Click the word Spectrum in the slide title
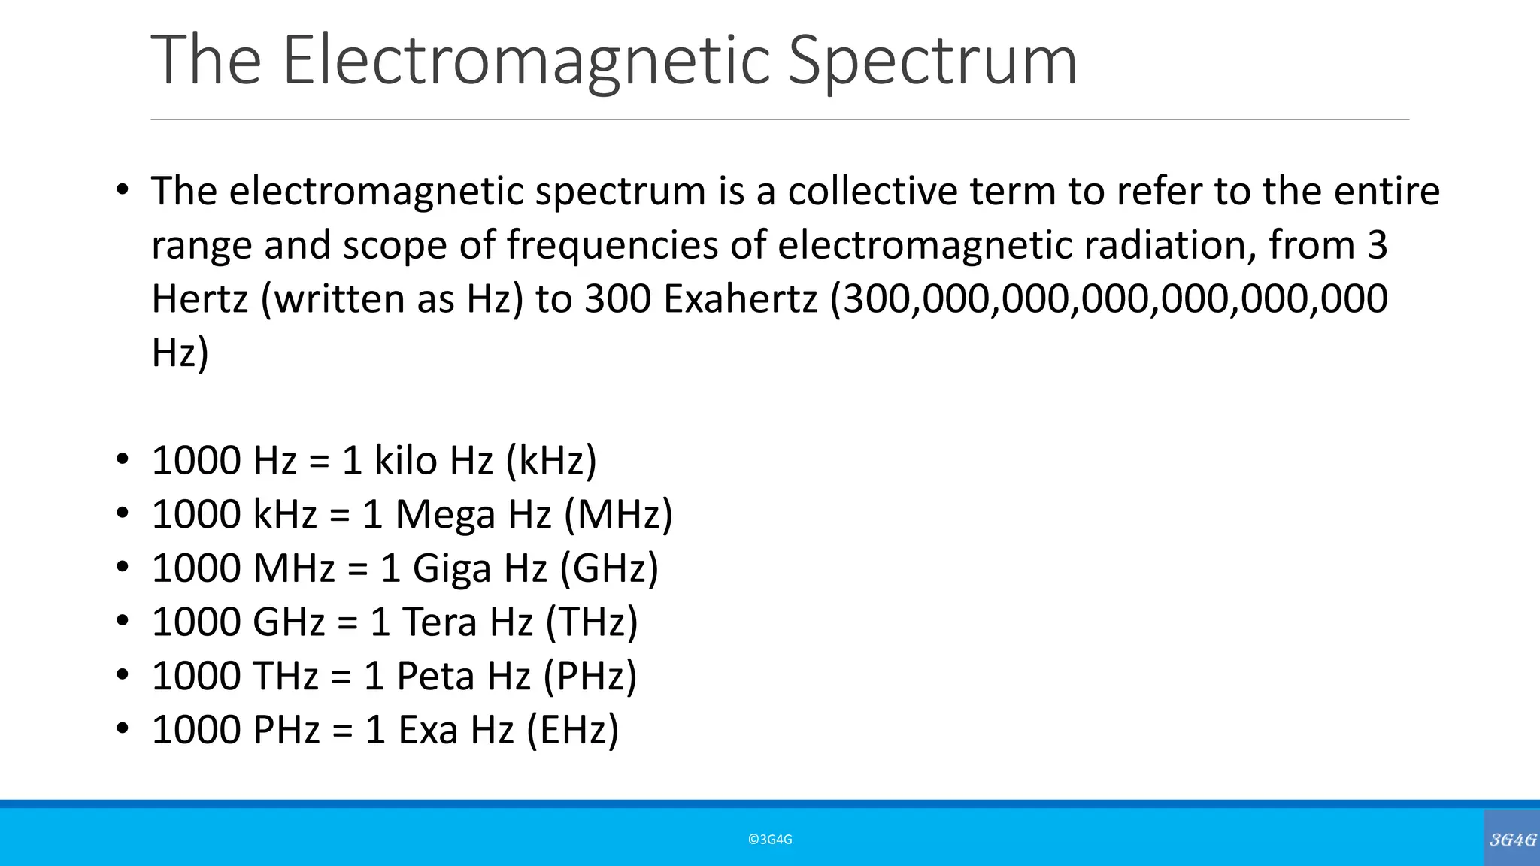(932, 60)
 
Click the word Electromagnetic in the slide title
(526, 60)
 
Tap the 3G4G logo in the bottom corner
(1512, 840)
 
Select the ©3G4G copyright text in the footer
(770, 840)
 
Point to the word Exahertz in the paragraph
(740, 299)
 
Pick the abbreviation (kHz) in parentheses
(551, 460)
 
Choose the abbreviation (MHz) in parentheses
(618, 514)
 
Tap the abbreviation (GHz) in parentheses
(609, 568)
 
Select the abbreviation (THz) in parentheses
(592, 622)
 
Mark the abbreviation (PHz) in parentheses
(590, 676)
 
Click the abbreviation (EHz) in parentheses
(572, 730)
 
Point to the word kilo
(405, 460)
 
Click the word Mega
(445, 514)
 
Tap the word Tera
(440, 622)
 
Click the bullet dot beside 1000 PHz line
(123, 728)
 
